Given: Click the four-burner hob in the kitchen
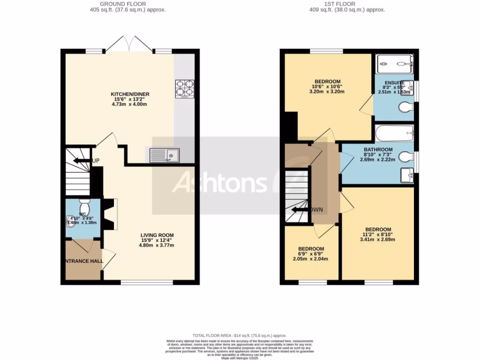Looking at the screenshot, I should pyautogui.click(x=185, y=89).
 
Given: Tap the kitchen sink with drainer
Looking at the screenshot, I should pyautogui.click(x=165, y=155).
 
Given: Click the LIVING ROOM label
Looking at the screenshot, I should pyautogui.click(x=157, y=235).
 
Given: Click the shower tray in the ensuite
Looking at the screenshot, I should pyautogui.click(x=395, y=61).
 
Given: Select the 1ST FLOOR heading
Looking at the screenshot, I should pyautogui.click(x=347, y=4).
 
